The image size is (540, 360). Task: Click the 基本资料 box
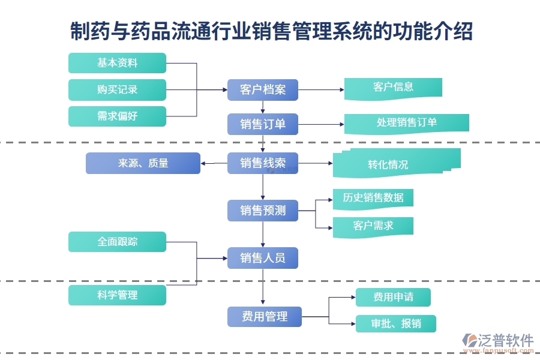coord(117,63)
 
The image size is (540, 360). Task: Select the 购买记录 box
coord(117,89)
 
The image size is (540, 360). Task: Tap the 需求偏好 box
coord(117,116)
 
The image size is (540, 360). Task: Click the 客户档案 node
coord(263,90)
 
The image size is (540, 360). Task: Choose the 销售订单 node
coord(263,124)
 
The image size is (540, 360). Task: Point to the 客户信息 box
coord(393,87)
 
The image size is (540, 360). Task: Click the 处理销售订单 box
coord(406,122)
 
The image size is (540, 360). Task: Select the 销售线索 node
coord(263,163)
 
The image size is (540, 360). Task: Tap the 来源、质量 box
coord(143,163)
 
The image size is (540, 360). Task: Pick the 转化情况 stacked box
coord(396,163)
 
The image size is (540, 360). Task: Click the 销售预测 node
coord(263,211)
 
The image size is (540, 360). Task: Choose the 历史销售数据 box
coord(373,198)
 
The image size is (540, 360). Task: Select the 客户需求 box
coord(373,226)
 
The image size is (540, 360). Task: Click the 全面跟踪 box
coord(117,242)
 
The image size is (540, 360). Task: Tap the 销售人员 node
coord(263,258)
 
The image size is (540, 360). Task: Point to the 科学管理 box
coord(117,295)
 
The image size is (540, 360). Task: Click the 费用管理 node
coord(264,316)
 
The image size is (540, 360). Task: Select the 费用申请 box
coord(393,297)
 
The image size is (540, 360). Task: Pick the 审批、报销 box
coord(395,324)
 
